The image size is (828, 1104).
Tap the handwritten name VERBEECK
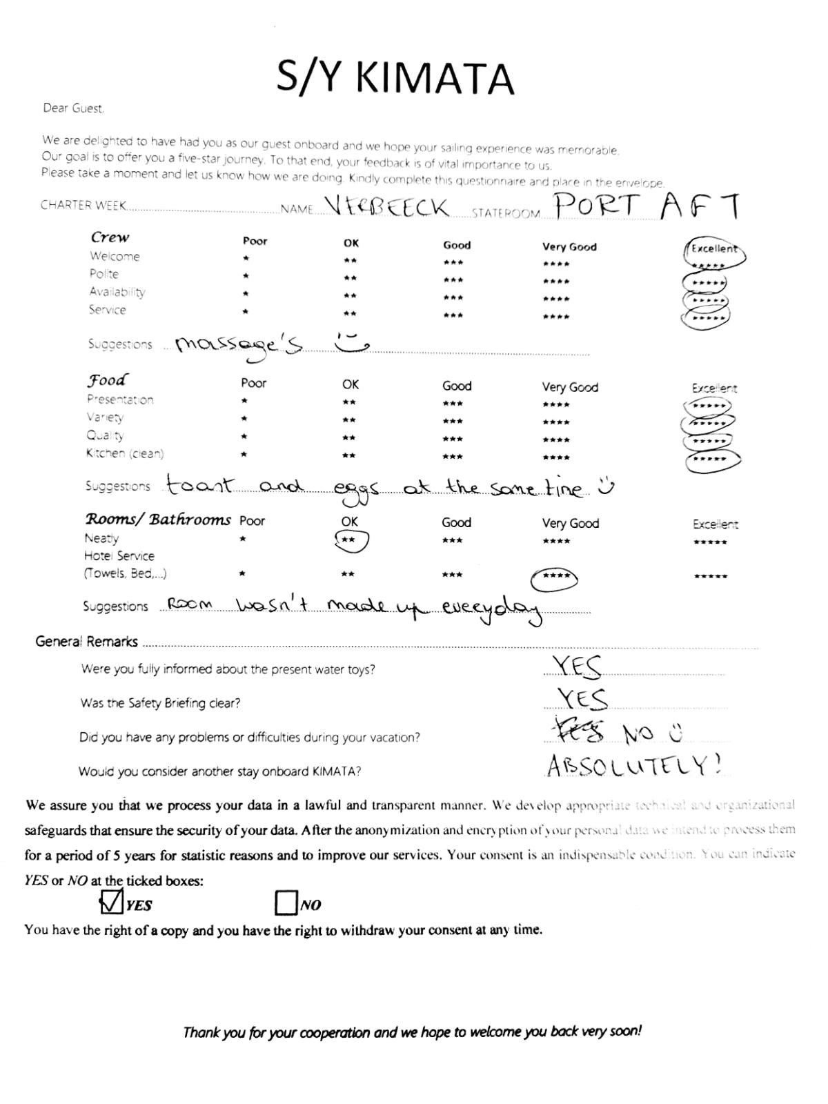point(386,206)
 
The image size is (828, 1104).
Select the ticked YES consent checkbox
point(111,902)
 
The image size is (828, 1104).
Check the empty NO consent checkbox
point(286,903)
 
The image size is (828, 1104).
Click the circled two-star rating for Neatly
point(351,540)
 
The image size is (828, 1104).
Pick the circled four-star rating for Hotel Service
point(554,576)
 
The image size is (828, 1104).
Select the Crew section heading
point(110,237)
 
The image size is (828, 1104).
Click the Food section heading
point(107,380)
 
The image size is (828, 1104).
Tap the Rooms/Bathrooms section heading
point(158,519)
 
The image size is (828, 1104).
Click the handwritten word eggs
point(355,490)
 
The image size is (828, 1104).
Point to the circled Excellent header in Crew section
point(714,250)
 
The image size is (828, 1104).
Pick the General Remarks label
point(86,642)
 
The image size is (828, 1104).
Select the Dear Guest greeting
point(73,108)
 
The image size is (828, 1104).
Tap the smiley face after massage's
point(351,339)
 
